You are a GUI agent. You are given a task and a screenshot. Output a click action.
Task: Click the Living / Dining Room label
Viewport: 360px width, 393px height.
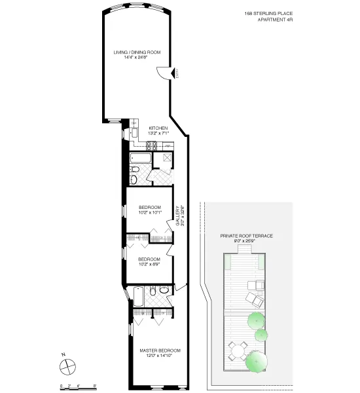(x=137, y=52)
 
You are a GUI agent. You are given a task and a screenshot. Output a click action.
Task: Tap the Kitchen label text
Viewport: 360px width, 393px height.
(x=158, y=128)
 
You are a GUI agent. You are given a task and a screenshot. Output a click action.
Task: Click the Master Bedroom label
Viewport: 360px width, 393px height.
(x=160, y=350)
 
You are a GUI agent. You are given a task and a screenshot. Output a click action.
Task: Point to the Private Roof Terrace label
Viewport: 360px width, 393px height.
(x=247, y=234)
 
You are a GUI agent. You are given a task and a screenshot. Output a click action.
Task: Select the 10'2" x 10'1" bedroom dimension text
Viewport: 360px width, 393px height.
(x=149, y=212)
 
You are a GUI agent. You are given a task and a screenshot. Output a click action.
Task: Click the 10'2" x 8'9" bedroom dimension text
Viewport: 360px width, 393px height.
(x=149, y=263)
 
